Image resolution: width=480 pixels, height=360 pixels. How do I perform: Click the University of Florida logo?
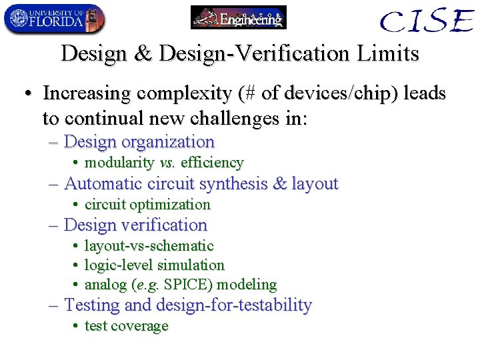pos(54,19)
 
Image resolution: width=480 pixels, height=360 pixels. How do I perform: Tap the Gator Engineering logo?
pos(239,17)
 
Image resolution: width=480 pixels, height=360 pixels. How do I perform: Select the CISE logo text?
pos(427,21)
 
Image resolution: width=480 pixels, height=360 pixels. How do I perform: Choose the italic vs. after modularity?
pos(167,163)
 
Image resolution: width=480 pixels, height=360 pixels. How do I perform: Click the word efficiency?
pos(212,163)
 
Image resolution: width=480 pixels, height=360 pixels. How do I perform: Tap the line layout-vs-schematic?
pos(149,246)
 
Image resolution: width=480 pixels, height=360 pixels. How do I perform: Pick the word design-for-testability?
pos(233,305)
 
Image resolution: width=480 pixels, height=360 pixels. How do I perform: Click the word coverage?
pos(139,326)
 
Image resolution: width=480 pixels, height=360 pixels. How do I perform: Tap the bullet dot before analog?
pos(77,285)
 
